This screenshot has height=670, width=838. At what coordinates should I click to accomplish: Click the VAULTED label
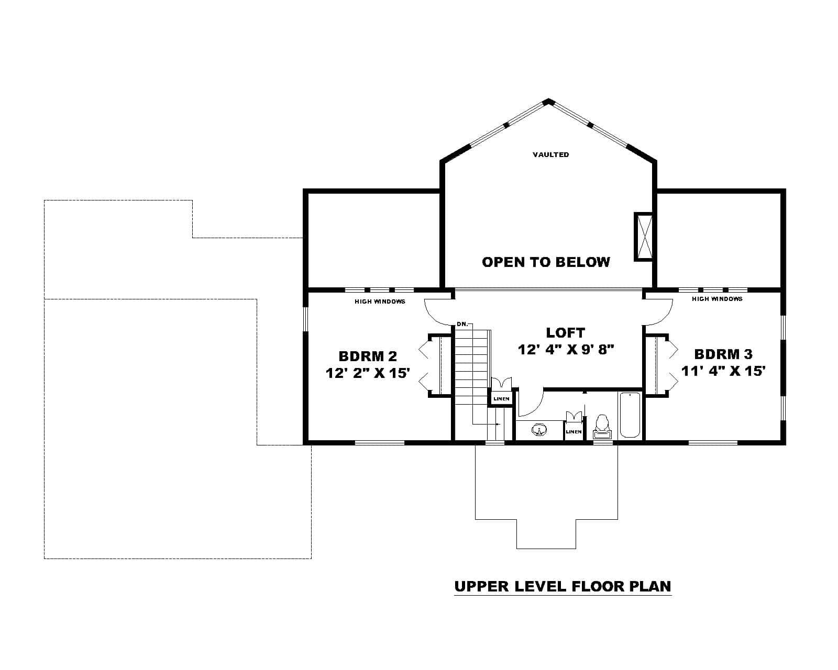[x=550, y=154]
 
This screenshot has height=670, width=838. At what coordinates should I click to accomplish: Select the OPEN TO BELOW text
[x=546, y=262]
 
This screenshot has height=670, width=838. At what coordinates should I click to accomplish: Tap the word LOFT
[x=565, y=332]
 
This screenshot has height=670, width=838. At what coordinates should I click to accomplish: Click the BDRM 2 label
[x=368, y=356]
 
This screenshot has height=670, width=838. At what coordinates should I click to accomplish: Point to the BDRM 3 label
[x=723, y=354]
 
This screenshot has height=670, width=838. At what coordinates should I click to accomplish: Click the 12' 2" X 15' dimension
[x=367, y=373]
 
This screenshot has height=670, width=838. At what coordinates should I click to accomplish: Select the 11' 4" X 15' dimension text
[x=724, y=371]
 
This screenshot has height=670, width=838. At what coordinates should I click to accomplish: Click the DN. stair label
[x=462, y=324]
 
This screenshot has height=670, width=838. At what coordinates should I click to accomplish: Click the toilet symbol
[x=602, y=427]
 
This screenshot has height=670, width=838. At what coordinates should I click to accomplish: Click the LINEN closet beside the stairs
[x=501, y=399]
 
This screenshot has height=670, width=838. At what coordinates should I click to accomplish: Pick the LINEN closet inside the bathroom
[x=574, y=432]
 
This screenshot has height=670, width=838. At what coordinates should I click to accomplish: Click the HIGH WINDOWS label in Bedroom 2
[x=380, y=301]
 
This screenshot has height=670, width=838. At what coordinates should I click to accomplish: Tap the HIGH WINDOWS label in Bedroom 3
[x=717, y=299]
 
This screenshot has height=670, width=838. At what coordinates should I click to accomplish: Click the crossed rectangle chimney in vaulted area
[x=644, y=236]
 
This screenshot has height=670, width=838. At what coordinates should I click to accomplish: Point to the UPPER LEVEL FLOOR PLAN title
[x=563, y=586]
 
